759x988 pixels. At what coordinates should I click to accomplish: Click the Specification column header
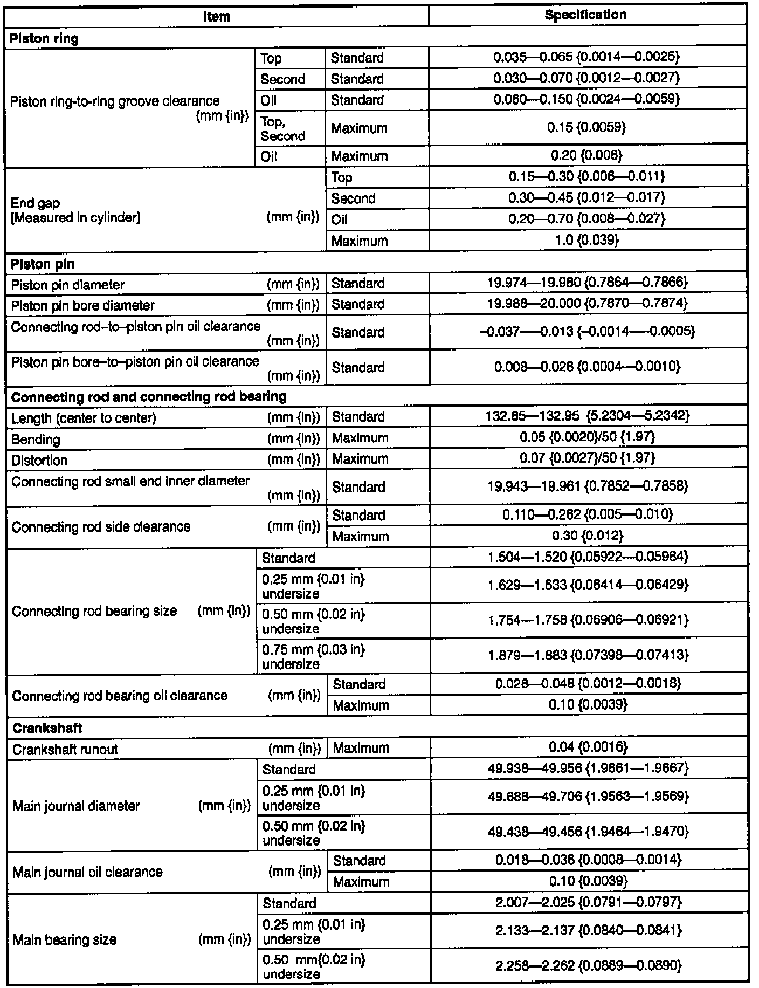point(585,15)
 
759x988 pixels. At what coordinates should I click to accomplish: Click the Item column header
point(217,16)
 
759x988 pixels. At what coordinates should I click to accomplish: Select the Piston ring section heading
point(45,38)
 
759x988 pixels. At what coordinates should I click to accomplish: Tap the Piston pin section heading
point(43,264)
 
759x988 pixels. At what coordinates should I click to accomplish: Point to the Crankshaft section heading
point(47,728)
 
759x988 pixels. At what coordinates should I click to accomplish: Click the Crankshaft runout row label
point(65,749)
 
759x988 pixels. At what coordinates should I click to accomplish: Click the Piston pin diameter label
point(68,285)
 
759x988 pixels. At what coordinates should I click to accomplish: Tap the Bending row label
point(36,439)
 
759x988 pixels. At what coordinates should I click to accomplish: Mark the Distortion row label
point(39,461)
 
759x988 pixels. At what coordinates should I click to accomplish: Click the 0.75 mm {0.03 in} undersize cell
point(313,656)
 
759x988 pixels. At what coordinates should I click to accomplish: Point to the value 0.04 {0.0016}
point(588,747)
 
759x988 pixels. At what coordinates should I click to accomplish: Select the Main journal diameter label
point(76,806)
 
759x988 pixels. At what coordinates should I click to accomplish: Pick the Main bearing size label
point(65,940)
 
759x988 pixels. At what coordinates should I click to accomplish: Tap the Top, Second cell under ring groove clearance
point(282,129)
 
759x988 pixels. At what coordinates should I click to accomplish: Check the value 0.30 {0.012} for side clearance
point(587,536)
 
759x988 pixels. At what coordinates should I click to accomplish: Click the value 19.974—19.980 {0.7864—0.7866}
point(587,283)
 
